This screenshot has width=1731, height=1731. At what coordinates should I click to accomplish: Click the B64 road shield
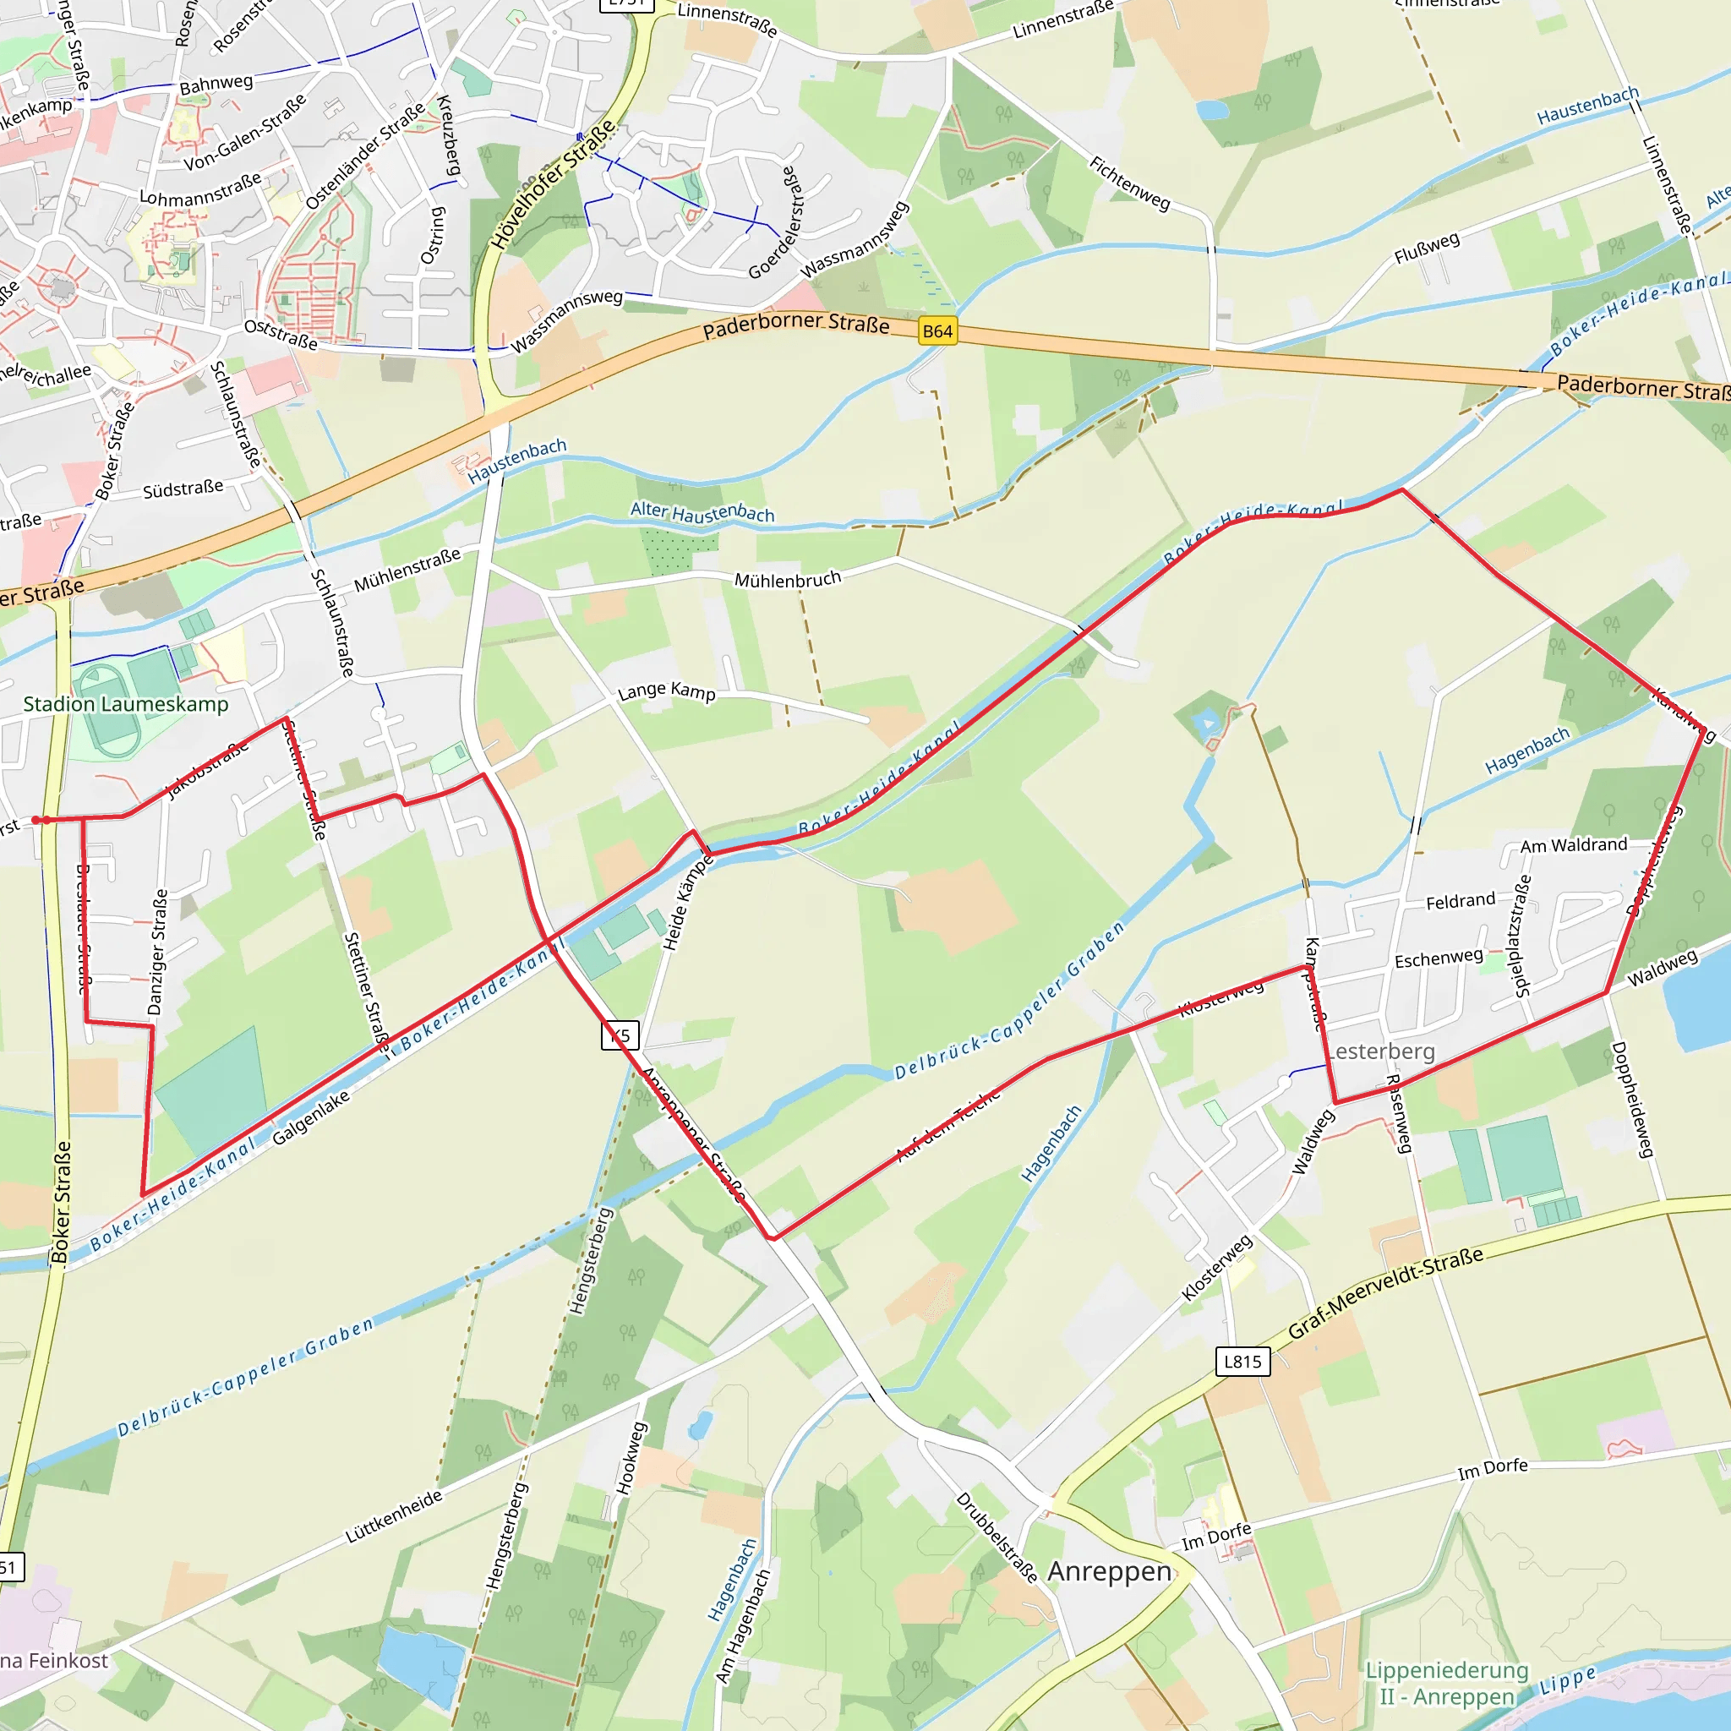point(937,331)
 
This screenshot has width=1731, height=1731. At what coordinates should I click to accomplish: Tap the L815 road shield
point(1242,1362)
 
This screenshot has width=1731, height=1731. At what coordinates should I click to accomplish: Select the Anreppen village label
point(1109,1571)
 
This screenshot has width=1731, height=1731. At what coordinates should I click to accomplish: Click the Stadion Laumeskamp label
point(125,704)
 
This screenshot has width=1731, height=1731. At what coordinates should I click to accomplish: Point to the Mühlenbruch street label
point(788,580)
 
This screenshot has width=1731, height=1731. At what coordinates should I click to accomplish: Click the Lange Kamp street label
point(667,691)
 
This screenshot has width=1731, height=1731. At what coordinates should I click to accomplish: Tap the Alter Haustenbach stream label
point(702,512)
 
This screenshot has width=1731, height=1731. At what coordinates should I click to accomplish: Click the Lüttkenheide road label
point(394,1516)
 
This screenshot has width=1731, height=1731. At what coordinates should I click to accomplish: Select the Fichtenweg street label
point(1130,183)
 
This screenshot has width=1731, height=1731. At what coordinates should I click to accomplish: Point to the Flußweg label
point(1427,248)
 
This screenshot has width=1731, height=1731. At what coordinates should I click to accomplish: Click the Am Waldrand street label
point(1573,845)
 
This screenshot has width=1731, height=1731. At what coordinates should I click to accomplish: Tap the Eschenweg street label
point(1439,958)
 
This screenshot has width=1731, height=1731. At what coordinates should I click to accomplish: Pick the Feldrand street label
point(1461,900)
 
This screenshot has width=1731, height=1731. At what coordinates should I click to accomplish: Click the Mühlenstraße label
point(407,570)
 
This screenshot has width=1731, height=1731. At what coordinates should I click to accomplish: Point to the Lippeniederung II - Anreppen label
point(1447,1683)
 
